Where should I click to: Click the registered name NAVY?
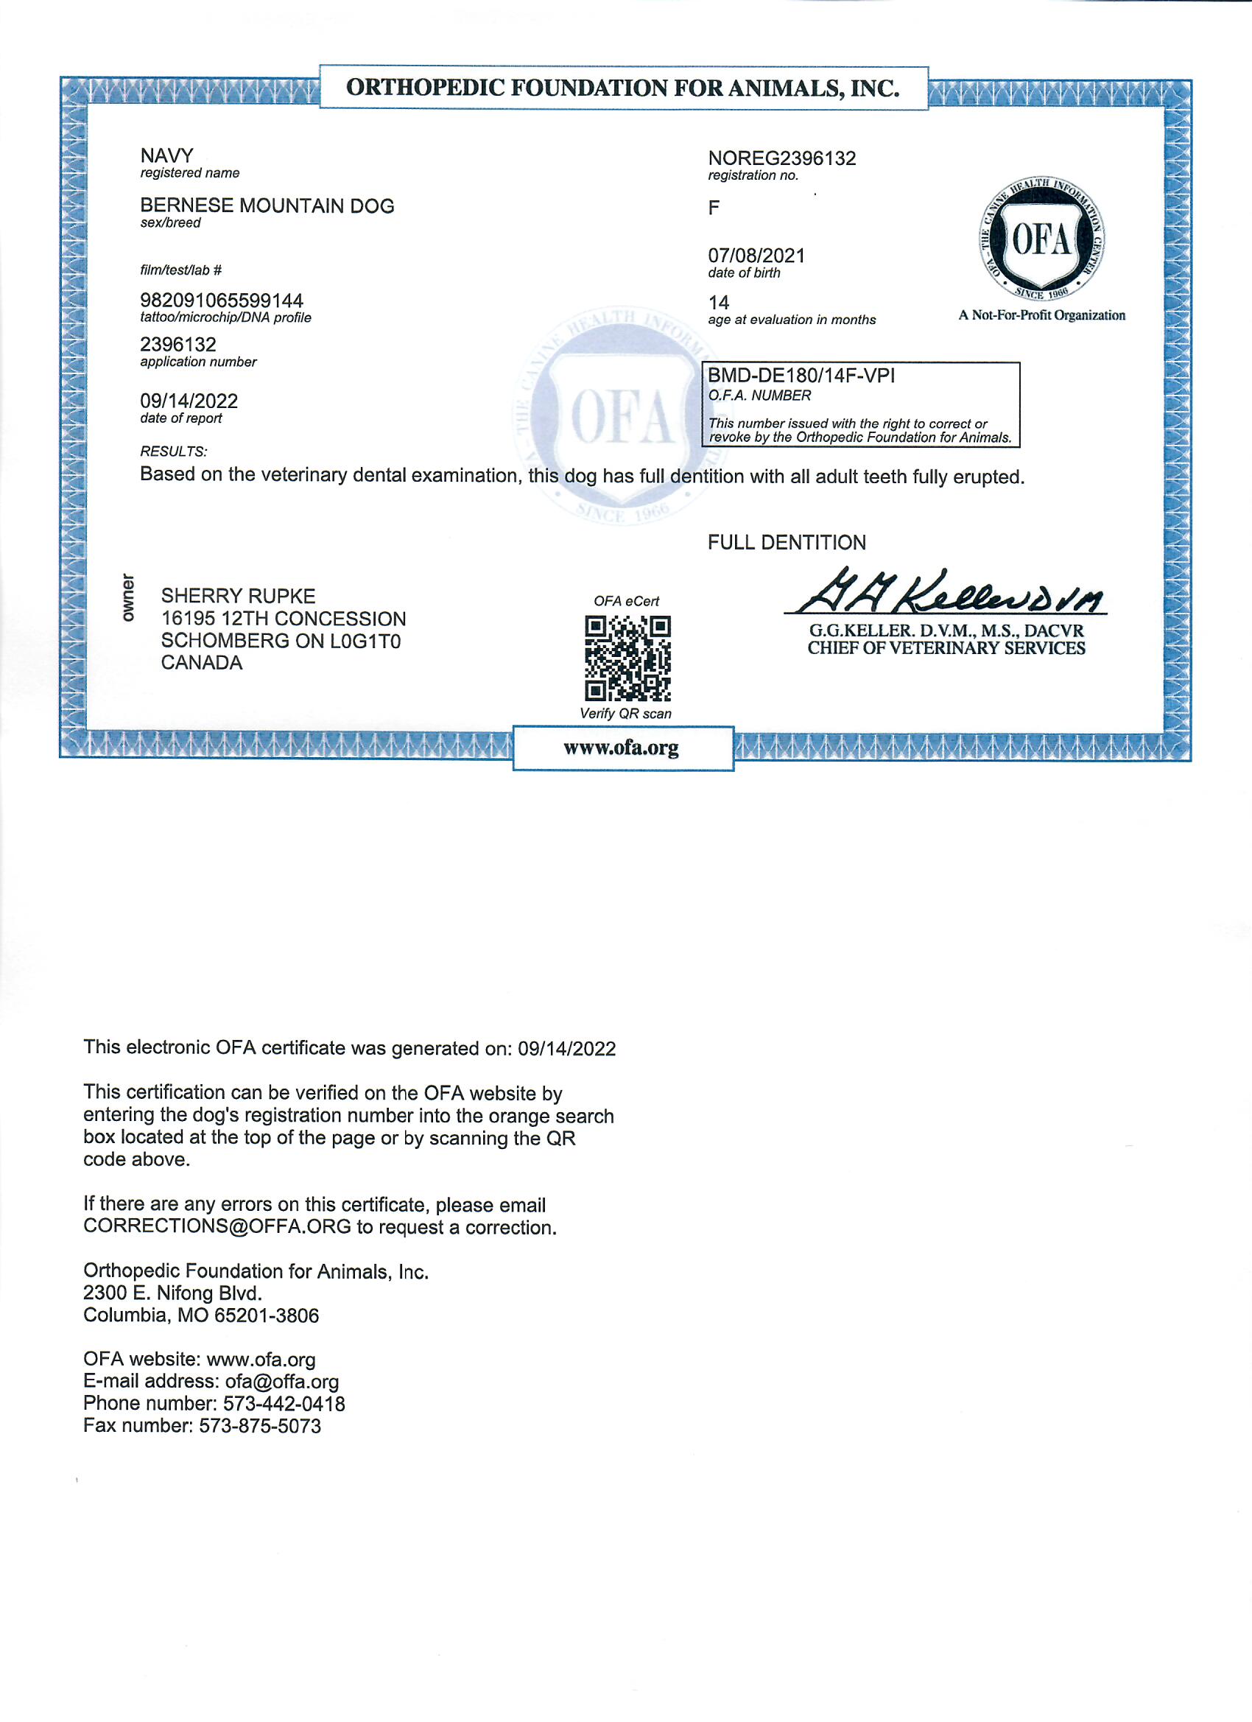[166, 155]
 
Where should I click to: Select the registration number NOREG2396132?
[781, 158]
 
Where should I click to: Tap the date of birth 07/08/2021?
[756, 256]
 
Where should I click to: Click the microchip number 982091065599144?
[221, 301]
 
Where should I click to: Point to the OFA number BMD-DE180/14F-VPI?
[801, 376]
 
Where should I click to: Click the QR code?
[627, 658]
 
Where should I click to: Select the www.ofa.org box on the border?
[622, 748]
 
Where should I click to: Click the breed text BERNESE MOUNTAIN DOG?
[267, 205]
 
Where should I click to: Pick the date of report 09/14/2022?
[189, 401]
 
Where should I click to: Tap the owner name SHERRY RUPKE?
[238, 596]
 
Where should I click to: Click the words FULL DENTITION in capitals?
[786, 542]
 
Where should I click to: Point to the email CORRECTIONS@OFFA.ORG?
[217, 1227]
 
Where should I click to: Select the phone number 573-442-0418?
[284, 1404]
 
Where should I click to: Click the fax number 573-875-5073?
[260, 1426]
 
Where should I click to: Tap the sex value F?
[714, 207]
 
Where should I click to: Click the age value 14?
[718, 302]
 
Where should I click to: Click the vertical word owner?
[127, 597]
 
